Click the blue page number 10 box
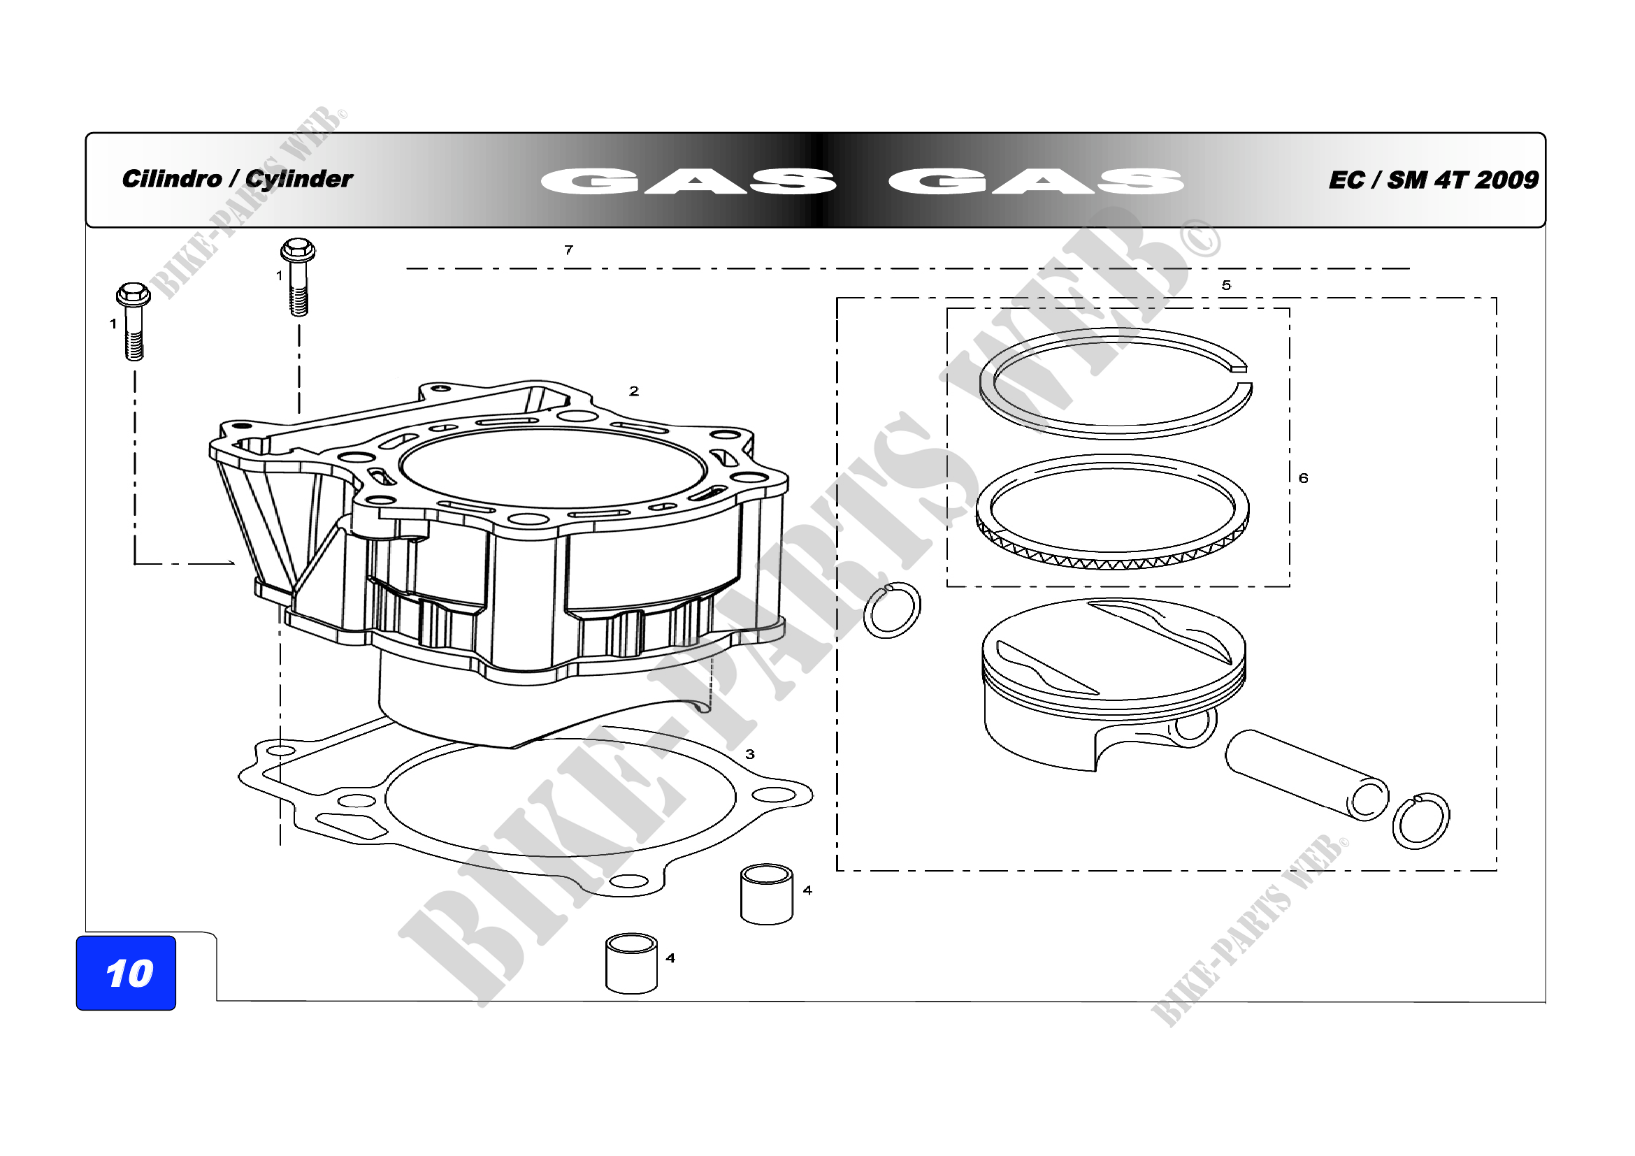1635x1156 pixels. click(x=126, y=972)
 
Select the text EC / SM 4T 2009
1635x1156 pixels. click(x=1434, y=180)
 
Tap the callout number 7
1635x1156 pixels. click(x=568, y=250)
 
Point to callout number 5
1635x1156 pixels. click(x=1226, y=284)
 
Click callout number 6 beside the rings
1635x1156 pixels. click(x=1303, y=477)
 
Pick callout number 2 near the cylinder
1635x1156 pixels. click(x=634, y=391)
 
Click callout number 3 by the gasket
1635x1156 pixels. click(x=750, y=754)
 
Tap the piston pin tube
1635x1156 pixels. click(x=1306, y=775)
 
